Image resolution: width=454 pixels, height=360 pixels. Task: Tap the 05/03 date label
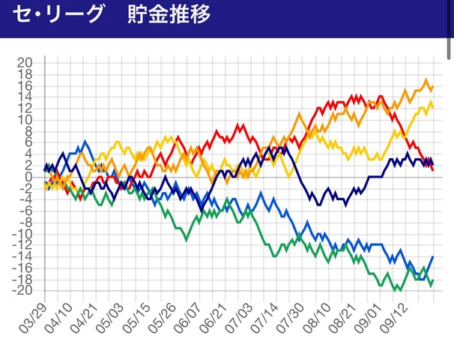(117, 319)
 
